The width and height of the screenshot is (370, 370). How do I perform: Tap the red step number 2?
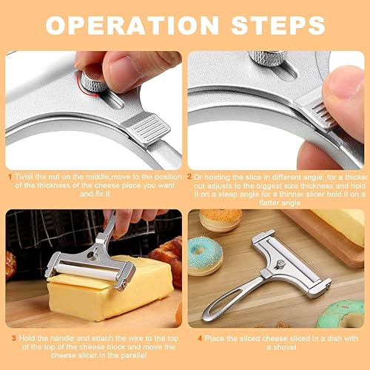(189, 178)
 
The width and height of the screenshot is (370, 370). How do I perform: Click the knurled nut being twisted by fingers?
(92, 80)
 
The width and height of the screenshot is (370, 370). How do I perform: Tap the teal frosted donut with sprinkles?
(205, 255)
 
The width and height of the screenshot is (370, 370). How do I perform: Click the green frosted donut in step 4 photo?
(343, 314)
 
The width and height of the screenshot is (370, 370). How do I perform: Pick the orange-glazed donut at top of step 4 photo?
(221, 219)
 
